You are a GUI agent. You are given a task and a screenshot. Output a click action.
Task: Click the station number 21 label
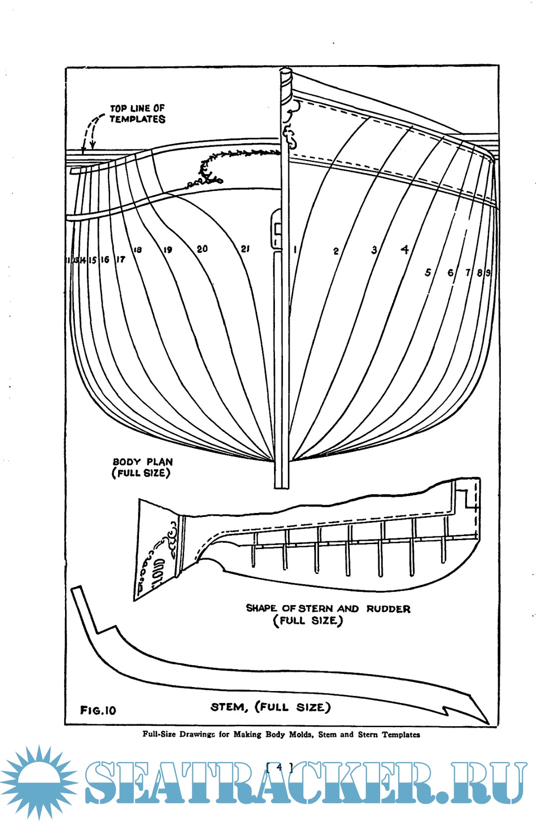click(245, 249)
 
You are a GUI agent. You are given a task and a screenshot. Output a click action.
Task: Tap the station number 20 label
click(202, 249)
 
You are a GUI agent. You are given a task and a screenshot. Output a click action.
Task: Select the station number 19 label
click(168, 250)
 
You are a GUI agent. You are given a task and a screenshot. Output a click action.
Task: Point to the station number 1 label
click(295, 250)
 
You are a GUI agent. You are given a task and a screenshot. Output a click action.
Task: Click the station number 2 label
click(336, 251)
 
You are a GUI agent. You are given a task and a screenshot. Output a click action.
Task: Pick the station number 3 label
click(374, 250)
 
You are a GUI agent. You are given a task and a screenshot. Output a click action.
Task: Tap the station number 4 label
click(405, 250)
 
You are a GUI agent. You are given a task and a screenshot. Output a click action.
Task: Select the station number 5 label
click(428, 272)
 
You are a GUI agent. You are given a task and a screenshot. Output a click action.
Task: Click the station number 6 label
click(451, 272)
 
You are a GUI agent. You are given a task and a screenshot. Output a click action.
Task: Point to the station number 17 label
click(121, 259)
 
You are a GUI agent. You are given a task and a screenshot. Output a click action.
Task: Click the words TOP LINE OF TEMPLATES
click(137, 114)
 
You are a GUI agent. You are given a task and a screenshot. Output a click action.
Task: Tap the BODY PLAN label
click(142, 462)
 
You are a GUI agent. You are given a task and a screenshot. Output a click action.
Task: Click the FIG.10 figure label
click(98, 710)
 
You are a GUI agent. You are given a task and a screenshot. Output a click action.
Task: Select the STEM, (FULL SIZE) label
click(270, 707)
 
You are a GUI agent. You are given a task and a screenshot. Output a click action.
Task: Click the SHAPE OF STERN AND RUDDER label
click(328, 609)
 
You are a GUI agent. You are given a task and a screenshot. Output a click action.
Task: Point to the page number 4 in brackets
click(279, 767)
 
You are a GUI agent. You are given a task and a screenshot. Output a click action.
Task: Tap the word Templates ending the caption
click(401, 735)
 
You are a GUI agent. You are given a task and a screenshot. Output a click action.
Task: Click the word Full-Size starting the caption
click(159, 734)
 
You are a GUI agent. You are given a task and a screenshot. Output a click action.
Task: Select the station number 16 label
click(105, 259)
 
